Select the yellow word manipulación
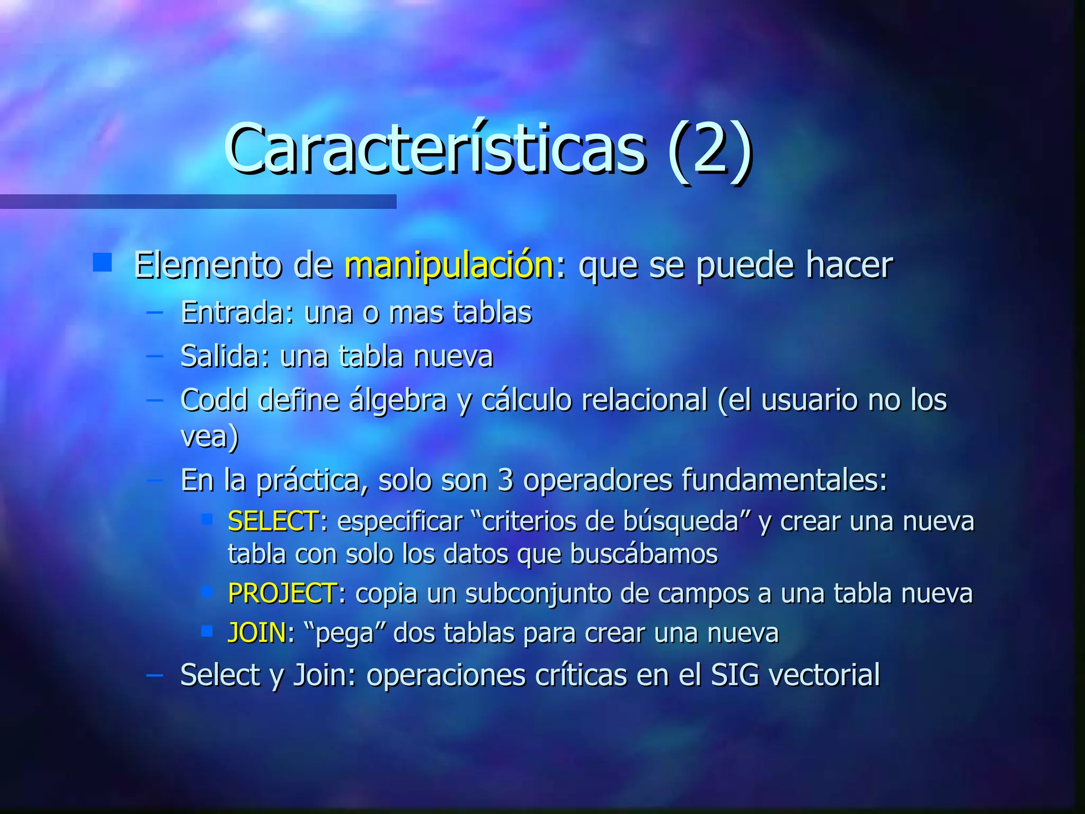pos(449,264)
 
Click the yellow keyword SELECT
pos(273,521)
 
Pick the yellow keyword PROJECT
pos(282,593)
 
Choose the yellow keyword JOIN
pos(257,633)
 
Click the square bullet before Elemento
pos(102,262)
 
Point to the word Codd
pos(214,400)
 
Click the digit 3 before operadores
pos(505,481)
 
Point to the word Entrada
pos(233,313)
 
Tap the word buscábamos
pos(644,555)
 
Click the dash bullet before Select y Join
pos(154,675)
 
